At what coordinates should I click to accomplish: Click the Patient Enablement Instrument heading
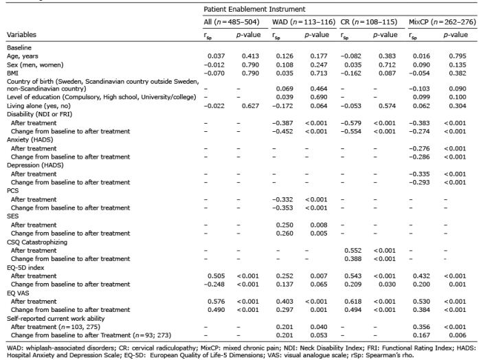(x=254, y=9)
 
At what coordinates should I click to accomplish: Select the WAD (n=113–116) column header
(x=304, y=22)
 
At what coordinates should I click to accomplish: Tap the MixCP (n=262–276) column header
(x=443, y=22)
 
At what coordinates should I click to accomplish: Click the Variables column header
(x=21, y=34)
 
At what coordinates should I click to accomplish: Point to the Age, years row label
(x=23, y=56)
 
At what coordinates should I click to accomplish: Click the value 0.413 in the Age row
(x=250, y=56)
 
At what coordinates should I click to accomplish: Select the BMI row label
(x=12, y=74)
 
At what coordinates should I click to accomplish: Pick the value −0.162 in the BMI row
(x=351, y=74)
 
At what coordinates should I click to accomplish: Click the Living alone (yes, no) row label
(x=38, y=106)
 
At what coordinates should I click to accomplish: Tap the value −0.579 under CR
(x=351, y=123)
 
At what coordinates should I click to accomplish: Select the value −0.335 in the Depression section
(x=419, y=174)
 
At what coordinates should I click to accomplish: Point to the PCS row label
(x=12, y=191)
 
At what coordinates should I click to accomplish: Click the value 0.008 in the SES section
(x=319, y=225)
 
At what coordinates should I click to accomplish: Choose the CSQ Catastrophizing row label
(x=37, y=242)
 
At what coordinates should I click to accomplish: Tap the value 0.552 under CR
(x=353, y=250)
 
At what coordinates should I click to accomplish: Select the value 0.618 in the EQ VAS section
(x=353, y=302)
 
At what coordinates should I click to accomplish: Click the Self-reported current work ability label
(x=56, y=319)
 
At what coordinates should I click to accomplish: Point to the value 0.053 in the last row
(x=319, y=335)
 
